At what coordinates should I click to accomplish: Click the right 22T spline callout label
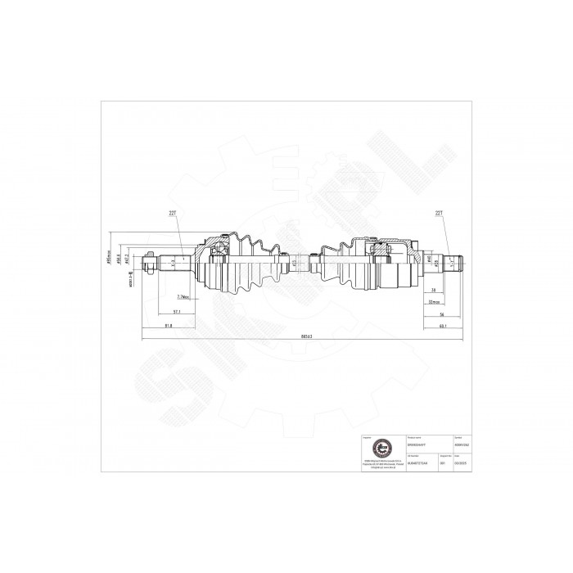[440, 214]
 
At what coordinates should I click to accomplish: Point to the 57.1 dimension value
[176, 312]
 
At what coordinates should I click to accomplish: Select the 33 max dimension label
[435, 301]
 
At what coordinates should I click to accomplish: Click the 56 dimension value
[440, 314]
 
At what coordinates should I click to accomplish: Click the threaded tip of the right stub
[460, 263]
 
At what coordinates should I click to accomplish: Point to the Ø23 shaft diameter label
[293, 264]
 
